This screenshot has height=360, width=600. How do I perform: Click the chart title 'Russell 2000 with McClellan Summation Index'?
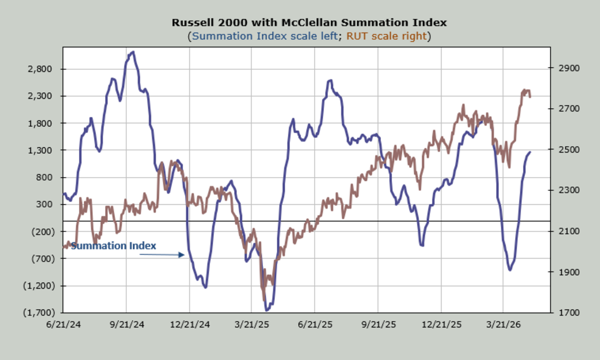309,23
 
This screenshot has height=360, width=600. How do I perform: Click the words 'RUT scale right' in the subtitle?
387,36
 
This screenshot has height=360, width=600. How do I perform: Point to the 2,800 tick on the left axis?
41,69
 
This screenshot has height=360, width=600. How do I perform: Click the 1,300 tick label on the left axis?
41,150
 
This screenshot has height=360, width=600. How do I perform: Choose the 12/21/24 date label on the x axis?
189,324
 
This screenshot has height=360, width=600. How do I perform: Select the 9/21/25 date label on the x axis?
378,324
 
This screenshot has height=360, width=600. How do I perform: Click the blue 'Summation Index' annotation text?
114,246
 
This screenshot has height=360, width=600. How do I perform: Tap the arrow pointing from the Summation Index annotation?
162,255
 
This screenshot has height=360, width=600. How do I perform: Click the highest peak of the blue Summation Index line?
133,52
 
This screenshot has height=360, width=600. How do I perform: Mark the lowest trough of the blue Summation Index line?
266,310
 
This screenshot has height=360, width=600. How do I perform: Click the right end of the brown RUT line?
530,97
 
